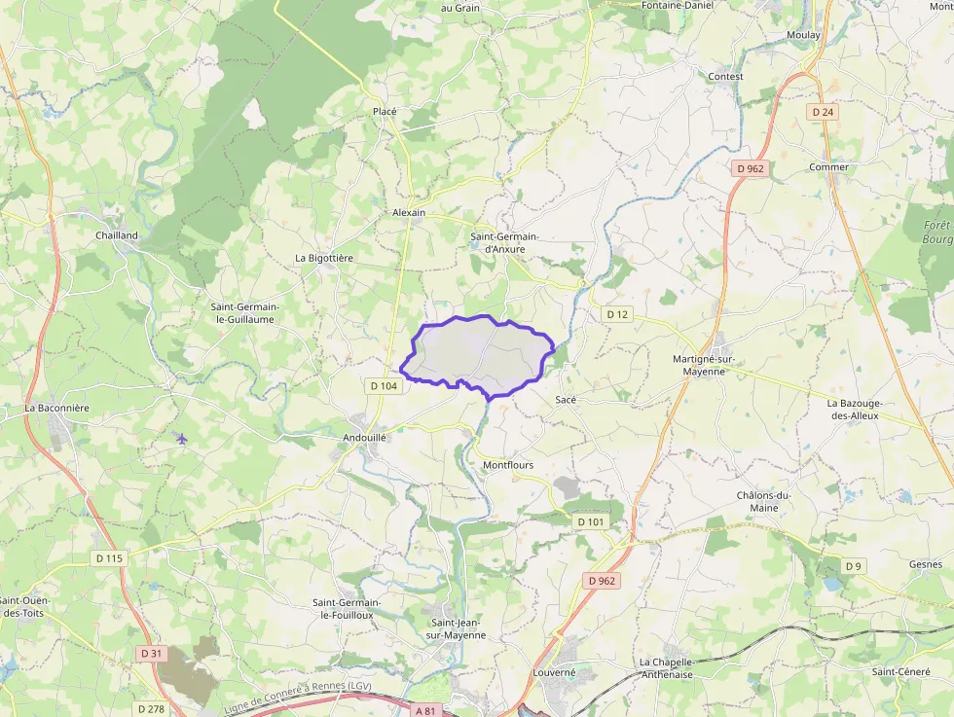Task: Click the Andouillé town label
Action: (x=365, y=438)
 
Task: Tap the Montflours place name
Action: (x=508, y=465)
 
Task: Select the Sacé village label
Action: (x=566, y=400)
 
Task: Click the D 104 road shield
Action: (x=385, y=386)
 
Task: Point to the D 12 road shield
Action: (x=617, y=314)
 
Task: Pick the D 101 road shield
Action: (x=591, y=522)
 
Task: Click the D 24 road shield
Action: (x=824, y=112)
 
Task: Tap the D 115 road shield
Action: (x=110, y=558)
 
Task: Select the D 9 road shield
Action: (x=854, y=566)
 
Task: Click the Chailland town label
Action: (x=117, y=235)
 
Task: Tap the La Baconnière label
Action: (x=57, y=409)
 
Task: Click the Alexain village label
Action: (x=409, y=212)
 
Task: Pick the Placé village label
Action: (x=385, y=112)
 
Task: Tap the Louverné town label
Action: (x=555, y=672)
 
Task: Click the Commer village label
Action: (x=828, y=167)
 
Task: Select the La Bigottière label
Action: (x=324, y=258)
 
